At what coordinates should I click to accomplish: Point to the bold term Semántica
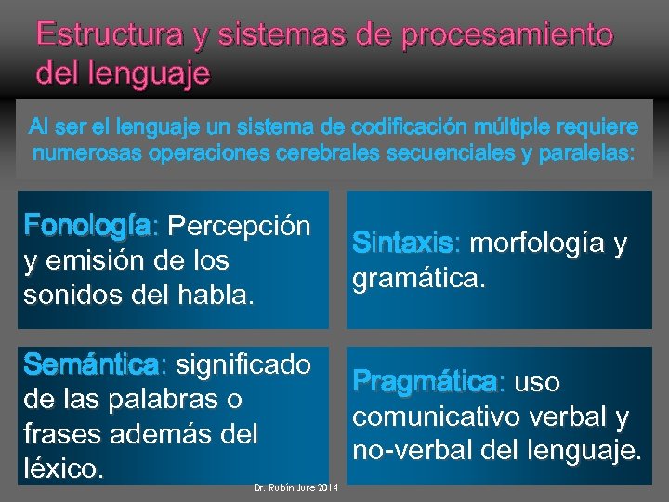pyautogui.click(x=92, y=365)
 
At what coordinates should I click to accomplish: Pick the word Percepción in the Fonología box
pyautogui.click(x=240, y=226)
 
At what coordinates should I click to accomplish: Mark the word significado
pyautogui.click(x=243, y=365)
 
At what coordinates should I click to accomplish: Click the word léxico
pyautogui.click(x=61, y=469)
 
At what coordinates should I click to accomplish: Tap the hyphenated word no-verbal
pyautogui.click(x=410, y=451)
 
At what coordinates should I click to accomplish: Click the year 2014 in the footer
pyautogui.click(x=329, y=489)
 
